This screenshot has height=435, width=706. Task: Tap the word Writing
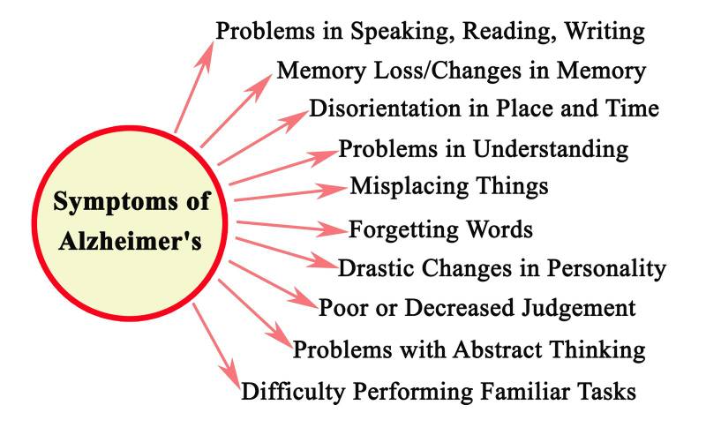coord(602,32)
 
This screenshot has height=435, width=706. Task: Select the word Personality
coord(612,268)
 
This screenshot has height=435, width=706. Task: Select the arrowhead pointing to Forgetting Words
coord(334,229)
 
